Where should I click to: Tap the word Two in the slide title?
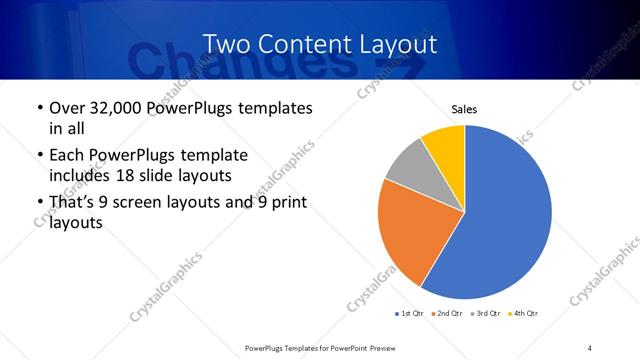pyautogui.click(x=226, y=44)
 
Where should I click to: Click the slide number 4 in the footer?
pyautogui.click(x=590, y=347)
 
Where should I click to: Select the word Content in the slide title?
pyautogui.click(x=300, y=44)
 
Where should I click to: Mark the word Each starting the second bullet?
pyautogui.click(x=68, y=156)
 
